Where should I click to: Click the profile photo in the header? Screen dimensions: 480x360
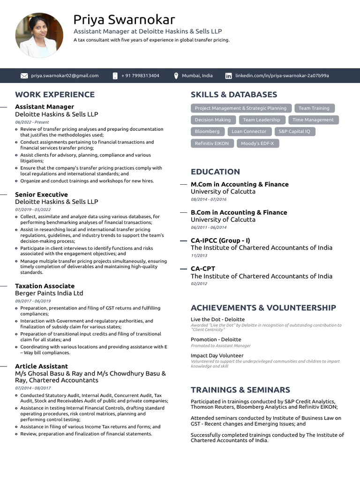tap(39, 35)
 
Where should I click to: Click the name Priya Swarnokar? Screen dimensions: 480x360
tap(124, 20)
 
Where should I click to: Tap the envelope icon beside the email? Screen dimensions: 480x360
tap(24, 75)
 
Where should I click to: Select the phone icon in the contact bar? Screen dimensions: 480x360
tap(115, 75)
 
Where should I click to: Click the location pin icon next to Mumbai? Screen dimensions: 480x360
tap(176, 75)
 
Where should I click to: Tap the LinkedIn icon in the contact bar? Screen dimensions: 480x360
tap(228, 75)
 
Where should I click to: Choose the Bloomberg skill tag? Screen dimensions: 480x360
tap(207, 132)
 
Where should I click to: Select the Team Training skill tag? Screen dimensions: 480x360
tap(314, 108)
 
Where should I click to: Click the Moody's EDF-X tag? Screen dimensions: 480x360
tap(258, 143)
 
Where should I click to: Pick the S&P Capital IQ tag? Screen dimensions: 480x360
tap(294, 132)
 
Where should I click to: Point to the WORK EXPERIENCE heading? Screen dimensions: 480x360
tap(55, 95)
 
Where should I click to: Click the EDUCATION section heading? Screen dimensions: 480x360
tap(215, 172)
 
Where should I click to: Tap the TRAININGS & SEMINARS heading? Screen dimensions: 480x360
tap(240, 390)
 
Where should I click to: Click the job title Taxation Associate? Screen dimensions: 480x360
tap(45, 286)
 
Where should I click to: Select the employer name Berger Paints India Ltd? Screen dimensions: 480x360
tap(49, 293)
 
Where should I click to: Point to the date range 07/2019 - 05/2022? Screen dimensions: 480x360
tap(33, 210)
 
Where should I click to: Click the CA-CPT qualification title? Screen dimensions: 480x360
tap(203, 269)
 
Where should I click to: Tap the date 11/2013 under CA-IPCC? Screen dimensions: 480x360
tap(199, 255)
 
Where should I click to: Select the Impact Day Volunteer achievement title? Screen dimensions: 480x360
tap(217, 356)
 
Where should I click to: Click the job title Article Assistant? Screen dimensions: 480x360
tap(41, 366)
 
